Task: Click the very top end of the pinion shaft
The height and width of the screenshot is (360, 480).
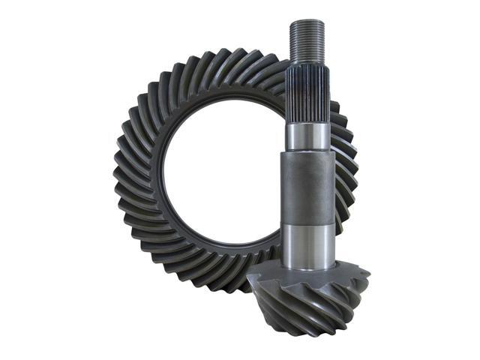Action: tap(307, 21)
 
